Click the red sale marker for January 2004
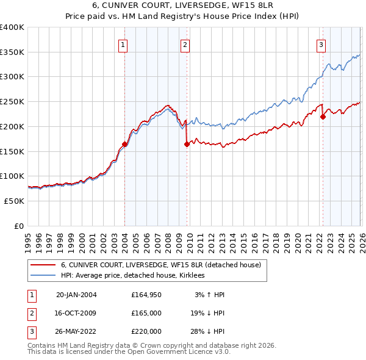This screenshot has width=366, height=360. pyautogui.click(x=124, y=145)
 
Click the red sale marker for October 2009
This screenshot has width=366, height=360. pyautogui.click(x=187, y=144)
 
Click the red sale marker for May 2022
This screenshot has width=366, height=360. pyautogui.click(x=323, y=117)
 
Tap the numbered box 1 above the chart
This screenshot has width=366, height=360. pyautogui.click(x=123, y=44)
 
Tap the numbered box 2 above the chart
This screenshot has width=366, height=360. pyautogui.click(x=184, y=44)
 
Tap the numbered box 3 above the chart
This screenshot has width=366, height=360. pyautogui.click(x=321, y=44)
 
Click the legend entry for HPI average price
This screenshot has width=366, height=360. pyautogui.click(x=132, y=276)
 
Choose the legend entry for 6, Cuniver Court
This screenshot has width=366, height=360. pyautogui.click(x=160, y=265)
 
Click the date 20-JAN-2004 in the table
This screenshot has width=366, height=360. pyautogui.click(x=76, y=295)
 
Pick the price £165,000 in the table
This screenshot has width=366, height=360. pyautogui.click(x=146, y=313)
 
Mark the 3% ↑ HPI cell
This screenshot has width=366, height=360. pyautogui.click(x=209, y=295)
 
